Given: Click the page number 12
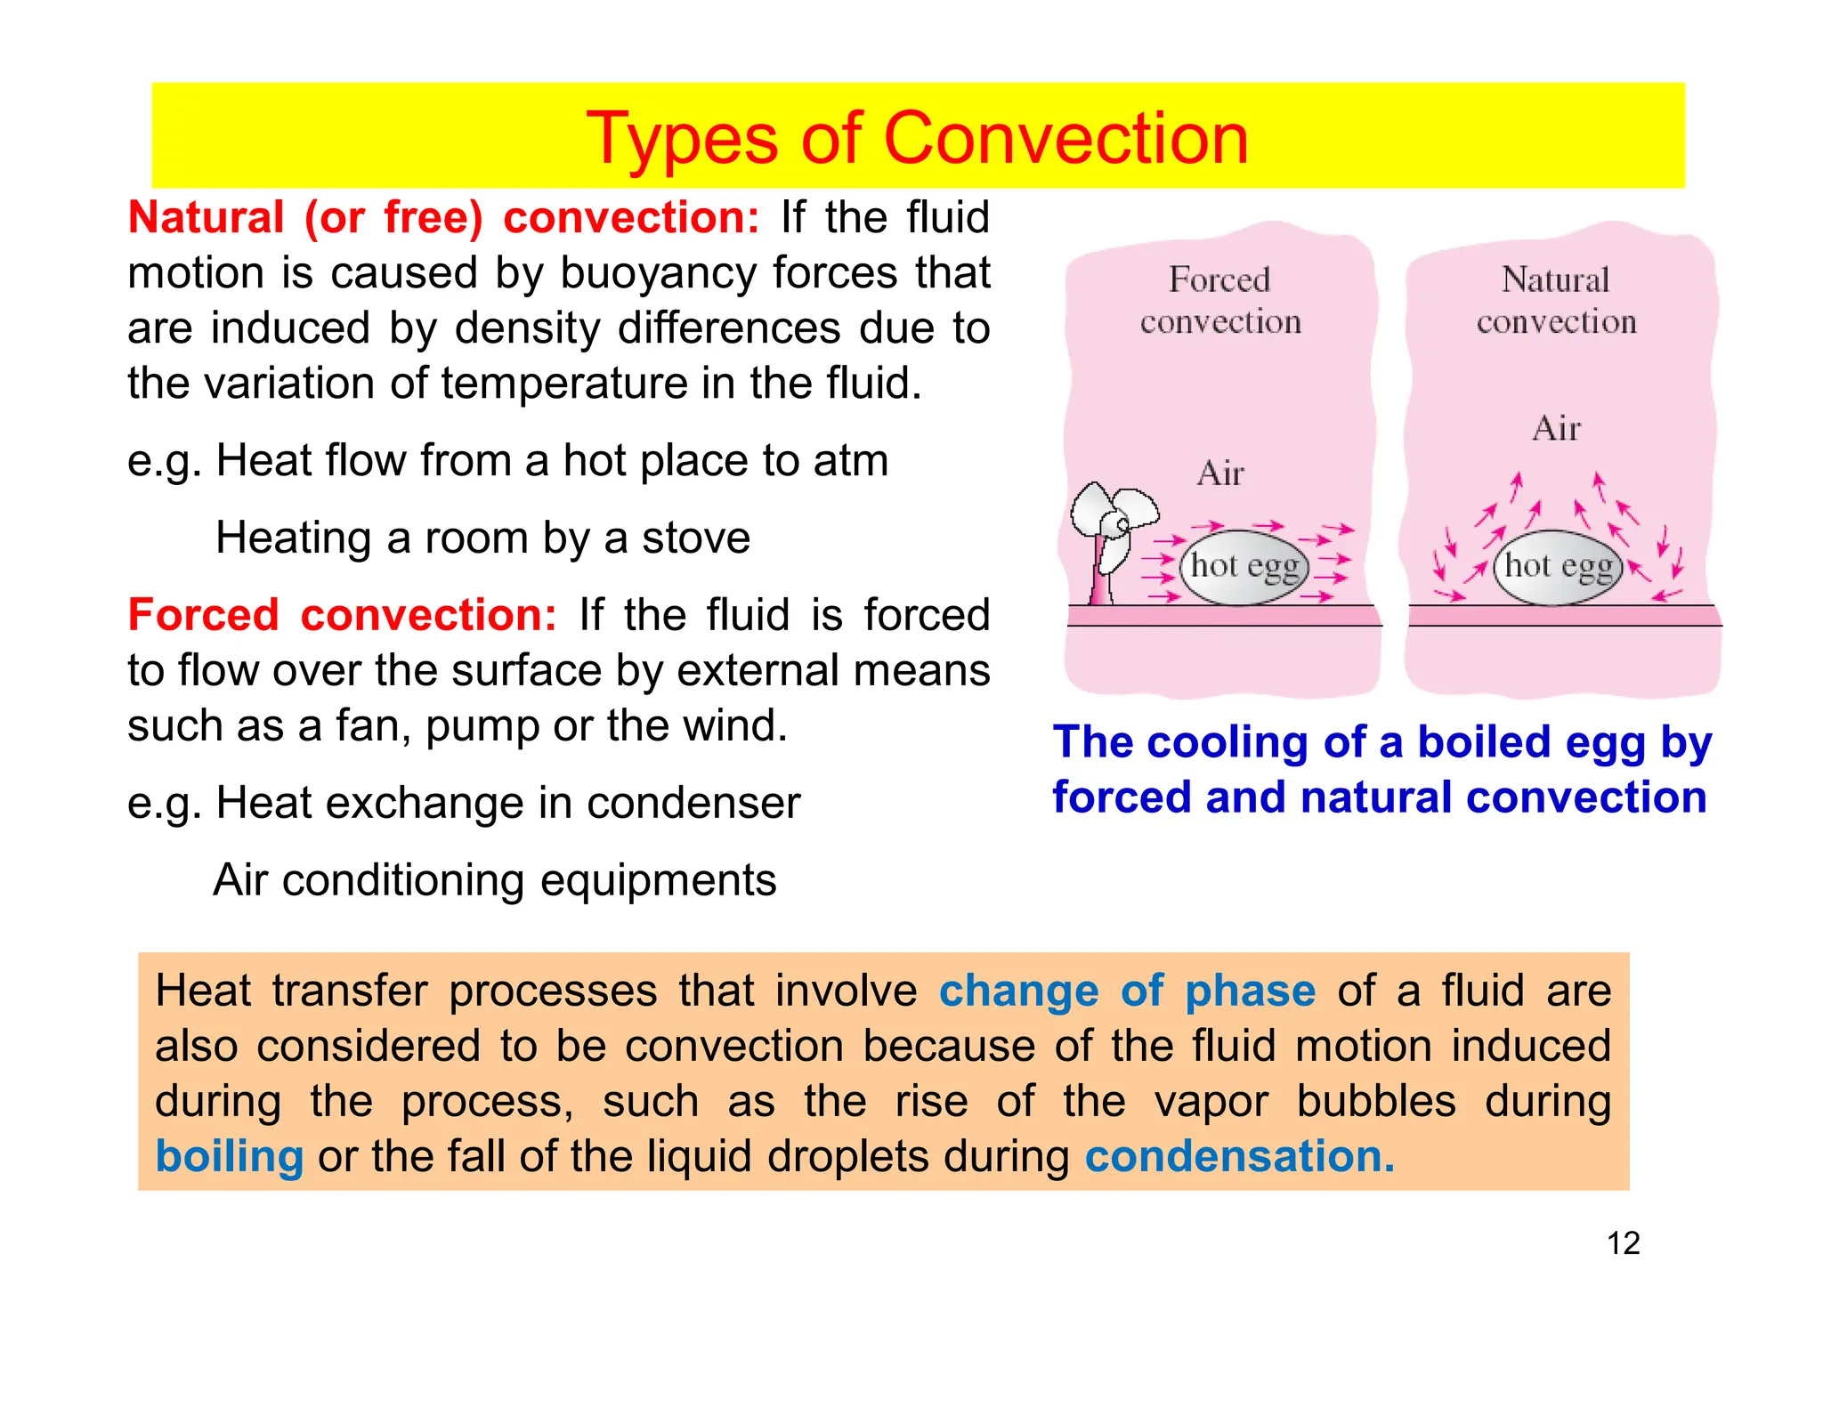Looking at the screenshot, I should tap(1623, 1242).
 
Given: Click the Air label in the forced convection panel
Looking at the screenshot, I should tap(1219, 473).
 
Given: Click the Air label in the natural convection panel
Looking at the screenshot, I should tap(1556, 429).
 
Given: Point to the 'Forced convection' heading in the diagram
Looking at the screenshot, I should tap(1219, 301).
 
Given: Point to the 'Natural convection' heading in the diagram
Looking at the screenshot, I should tap(1556, 301).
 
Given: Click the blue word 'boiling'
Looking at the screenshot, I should tap(230, 1156).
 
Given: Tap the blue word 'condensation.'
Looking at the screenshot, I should tap(1239, 1156).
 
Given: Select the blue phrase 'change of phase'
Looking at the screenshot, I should tap(1127, 991).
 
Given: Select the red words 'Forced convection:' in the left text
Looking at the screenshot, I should tap(342, 615).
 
